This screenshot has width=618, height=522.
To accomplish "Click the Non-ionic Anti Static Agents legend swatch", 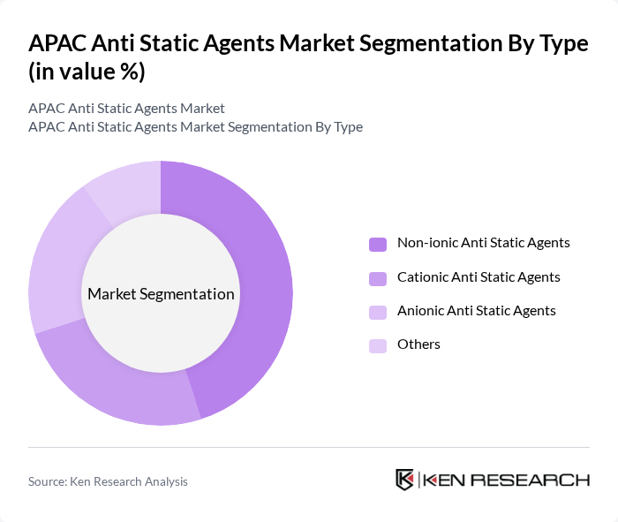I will click(x=378, y=244).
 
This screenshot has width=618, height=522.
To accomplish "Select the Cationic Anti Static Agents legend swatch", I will click(x=378, y=278).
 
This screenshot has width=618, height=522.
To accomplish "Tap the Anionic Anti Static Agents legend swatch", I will click(x=378, y=312).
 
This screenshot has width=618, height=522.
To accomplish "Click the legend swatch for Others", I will click(x=378, y=345).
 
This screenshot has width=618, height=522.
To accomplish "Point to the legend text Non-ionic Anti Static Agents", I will click(x=483, y=243).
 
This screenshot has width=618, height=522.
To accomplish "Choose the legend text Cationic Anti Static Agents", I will click(x=479, y=277).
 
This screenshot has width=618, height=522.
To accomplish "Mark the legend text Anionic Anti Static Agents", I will click(x=477, y=311).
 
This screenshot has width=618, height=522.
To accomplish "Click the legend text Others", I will click(x=418, y=344).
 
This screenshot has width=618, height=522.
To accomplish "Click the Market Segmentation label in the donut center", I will click(x=161, y=294).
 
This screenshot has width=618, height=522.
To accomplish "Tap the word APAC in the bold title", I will click(x=58, y=44).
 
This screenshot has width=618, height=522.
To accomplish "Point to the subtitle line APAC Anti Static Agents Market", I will click(x=126, y=108).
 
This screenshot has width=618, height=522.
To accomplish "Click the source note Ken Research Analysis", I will click(x=108, y=481).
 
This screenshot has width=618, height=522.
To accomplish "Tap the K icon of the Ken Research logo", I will click(x=405, y=480).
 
